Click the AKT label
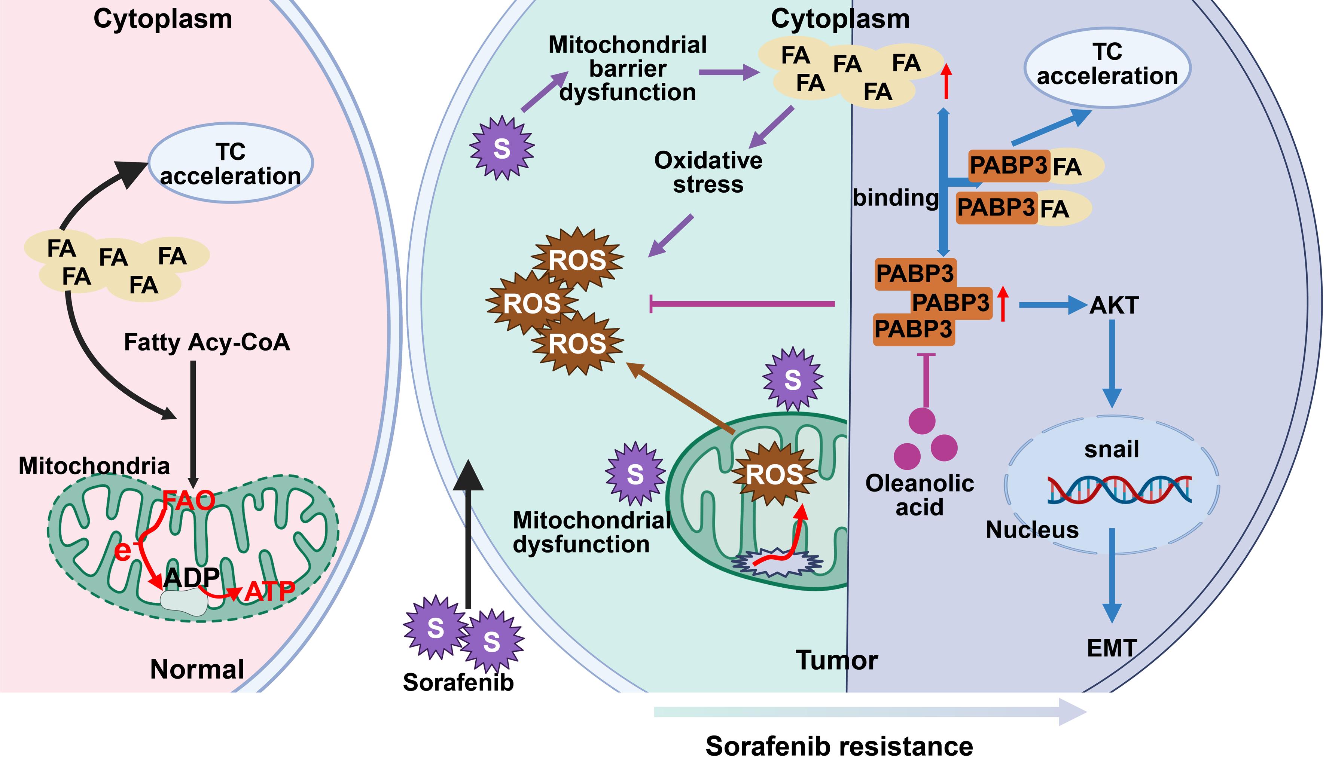coord(1114,305)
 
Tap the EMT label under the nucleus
coord(1112,648)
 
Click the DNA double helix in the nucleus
coord(1119,490)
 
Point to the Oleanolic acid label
coord(919,495)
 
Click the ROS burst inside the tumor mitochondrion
coord(774,474)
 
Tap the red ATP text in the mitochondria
coord(269,592)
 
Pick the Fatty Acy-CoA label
coord(207,342)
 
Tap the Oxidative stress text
coord(708,172)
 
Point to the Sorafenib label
coord(458,682)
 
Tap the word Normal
coord(197,669)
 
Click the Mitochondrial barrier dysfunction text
coord(628,69)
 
